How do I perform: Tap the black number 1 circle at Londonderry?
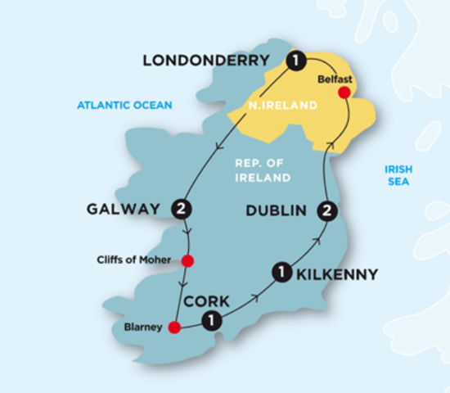pos(295,61)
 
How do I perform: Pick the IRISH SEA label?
pos(399,175)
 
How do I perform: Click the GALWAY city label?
pos(123,210)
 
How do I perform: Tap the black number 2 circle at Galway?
pos(182,210)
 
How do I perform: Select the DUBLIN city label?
pos(277,211)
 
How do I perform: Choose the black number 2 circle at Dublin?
pos(327,211)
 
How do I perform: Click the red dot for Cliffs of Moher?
pos(187,261)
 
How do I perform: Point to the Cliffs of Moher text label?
pos(135,261)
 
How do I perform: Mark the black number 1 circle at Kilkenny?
pos(281,273)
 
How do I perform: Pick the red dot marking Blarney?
pos(173,328)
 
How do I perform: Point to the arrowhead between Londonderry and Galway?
pos(218,147)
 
